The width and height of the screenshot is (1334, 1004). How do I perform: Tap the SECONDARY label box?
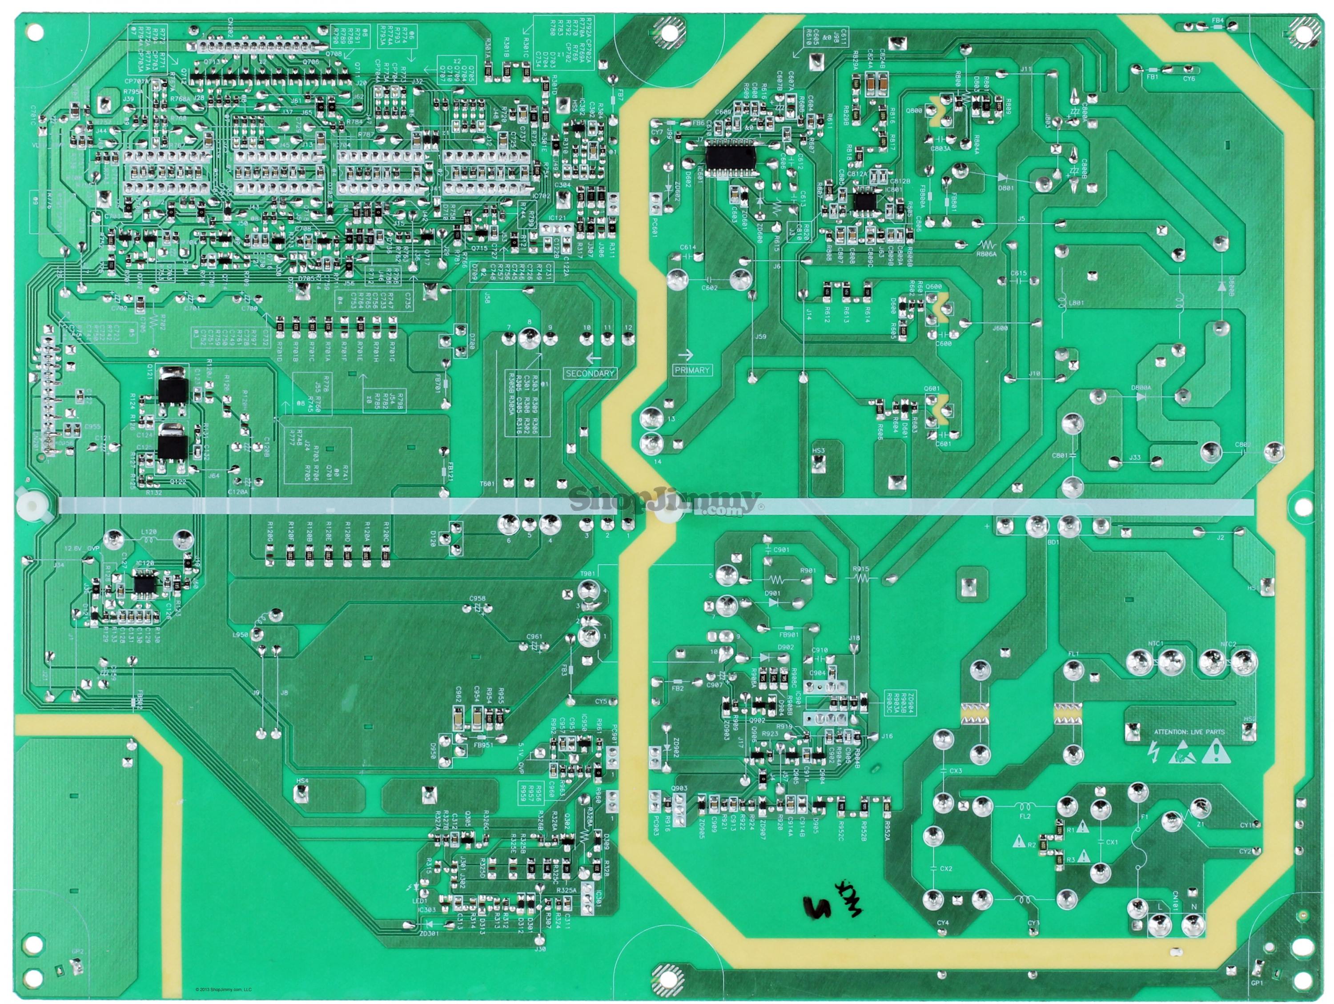590,373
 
